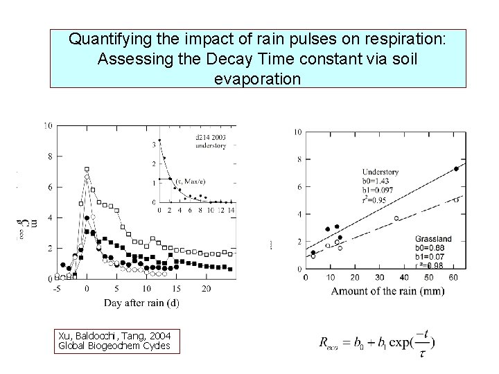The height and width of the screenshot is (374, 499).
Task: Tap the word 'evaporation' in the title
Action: click(x=258, y=79)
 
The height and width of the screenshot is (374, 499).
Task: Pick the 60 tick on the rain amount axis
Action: click(x=453, y=278)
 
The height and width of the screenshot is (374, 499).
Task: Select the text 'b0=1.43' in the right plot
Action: click(x=378, y=180)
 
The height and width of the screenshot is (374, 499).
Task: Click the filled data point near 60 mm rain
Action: click(x=456, y=168)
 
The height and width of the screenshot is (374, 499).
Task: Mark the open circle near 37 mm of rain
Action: click(x=396, y=218)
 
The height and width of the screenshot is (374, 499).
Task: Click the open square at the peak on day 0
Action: click(x=87, y=169)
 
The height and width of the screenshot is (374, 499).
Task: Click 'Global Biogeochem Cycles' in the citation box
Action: click(x=114, y=345)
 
